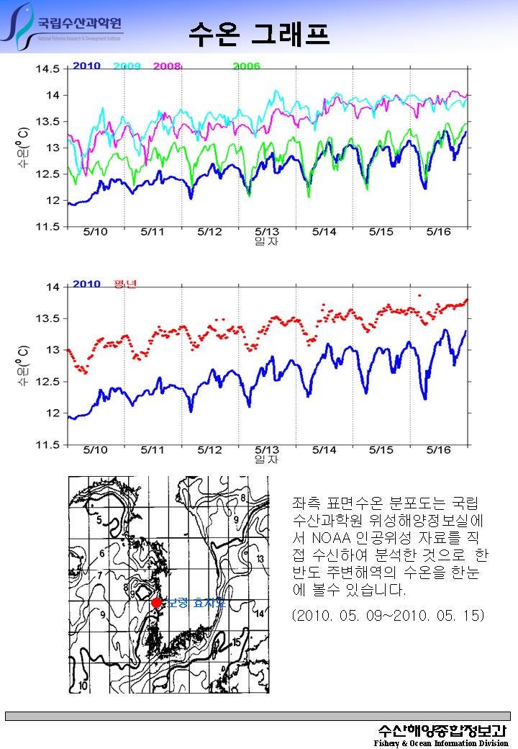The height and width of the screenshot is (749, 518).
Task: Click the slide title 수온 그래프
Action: click(259, 32)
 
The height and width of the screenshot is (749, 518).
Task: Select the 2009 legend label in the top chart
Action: click(127, 66)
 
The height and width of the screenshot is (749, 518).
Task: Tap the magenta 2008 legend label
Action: click(167, 66)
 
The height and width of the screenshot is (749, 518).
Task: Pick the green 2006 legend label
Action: click(246, 66)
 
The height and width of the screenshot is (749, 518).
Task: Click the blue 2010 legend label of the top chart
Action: click(86, 66)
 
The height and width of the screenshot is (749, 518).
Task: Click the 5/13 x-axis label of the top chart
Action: click(267, 232)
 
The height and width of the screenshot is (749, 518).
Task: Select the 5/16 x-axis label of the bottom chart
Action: click(439, 450)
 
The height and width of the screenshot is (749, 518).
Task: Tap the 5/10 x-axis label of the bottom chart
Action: click(95, 450)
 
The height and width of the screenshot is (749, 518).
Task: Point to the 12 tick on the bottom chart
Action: click(53, 413)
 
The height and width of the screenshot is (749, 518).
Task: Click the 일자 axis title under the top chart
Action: click(267, 241)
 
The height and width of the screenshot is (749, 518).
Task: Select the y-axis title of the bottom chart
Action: click(23, 365)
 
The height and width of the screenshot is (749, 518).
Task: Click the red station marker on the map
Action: click(156, 603)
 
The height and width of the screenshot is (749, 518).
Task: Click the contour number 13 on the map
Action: click(260, 560)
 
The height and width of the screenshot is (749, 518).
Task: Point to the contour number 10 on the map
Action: click(83, 686)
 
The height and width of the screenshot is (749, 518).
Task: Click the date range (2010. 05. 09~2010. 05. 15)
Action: click(388, 616)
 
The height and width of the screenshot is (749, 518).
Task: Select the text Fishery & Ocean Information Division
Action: click(441, 743)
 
